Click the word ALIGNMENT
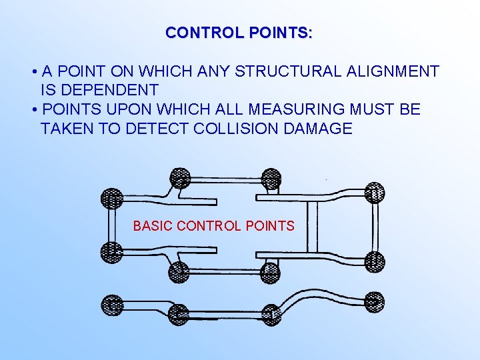[x=393, y=71]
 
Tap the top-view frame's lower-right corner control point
[x=375, y=261]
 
